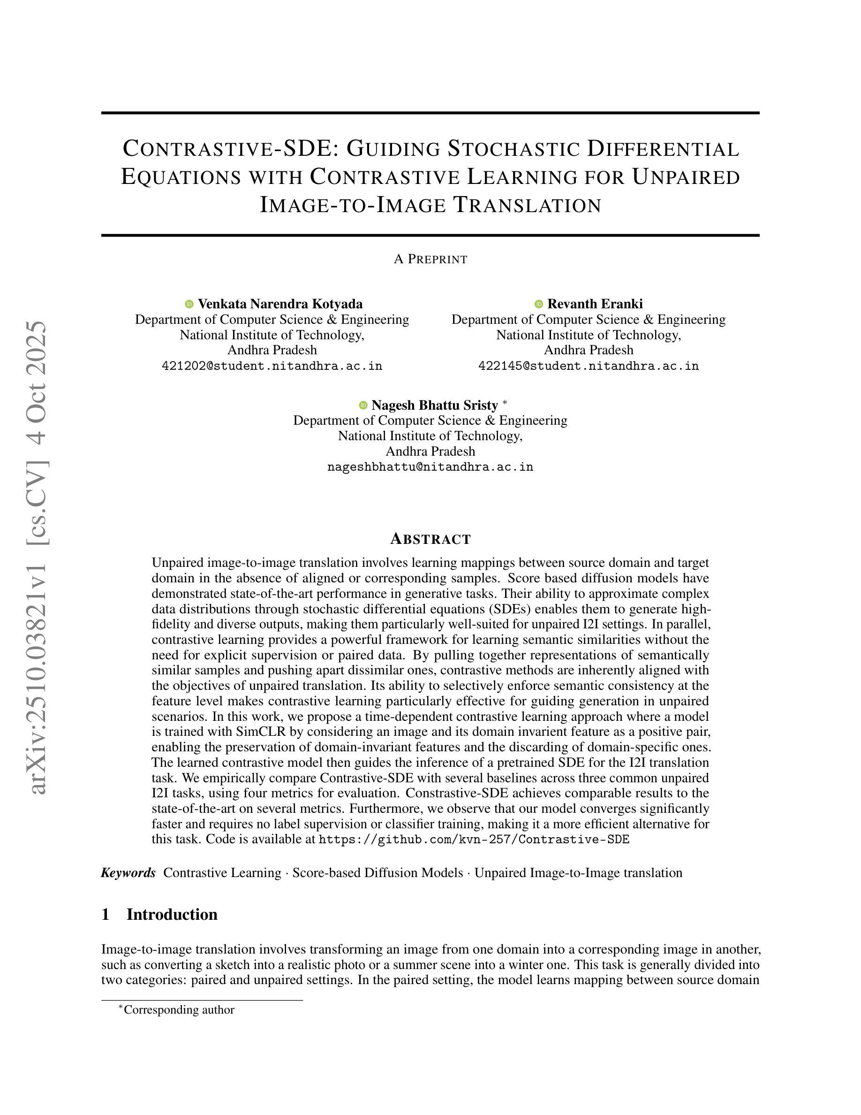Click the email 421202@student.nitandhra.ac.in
tap(272, 366)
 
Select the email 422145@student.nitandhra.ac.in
tap(588, 366)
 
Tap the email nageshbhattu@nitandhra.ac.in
tap(430, 467)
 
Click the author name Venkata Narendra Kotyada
tap(280, 304)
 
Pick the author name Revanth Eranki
tap(595, 304)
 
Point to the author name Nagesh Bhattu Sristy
tap(435, 405)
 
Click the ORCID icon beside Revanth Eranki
tap(539, 304)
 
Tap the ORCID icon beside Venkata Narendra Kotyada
tap(189, 304)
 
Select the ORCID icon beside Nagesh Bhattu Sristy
tap(363, 405)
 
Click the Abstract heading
tap(430, 539)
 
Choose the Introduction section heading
tap(172, 914)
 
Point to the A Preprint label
tap(430, 260)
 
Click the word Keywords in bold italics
tap(128, 872)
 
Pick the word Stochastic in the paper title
tap(514, 149)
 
